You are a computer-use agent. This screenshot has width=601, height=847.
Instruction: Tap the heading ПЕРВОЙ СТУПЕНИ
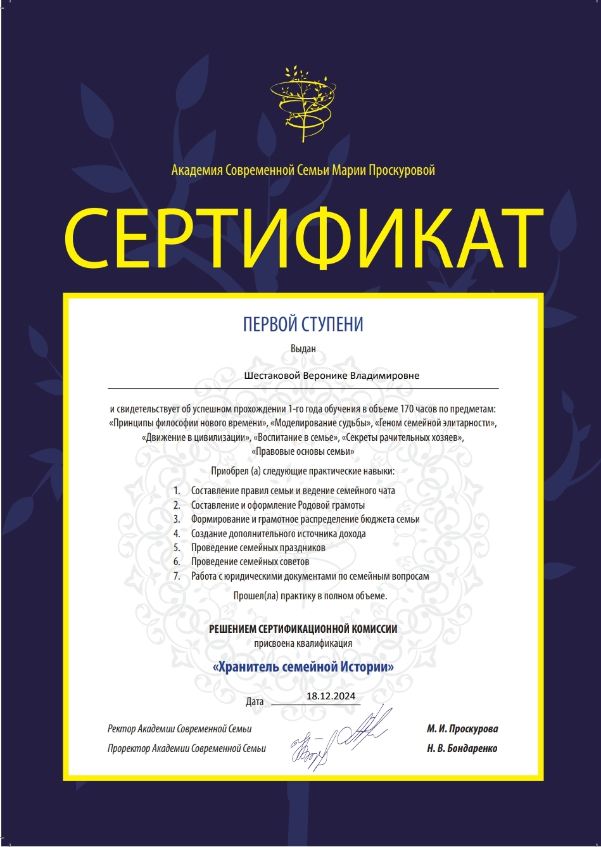coord(303,325)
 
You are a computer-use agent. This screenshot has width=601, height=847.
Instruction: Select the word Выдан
coord(303,348)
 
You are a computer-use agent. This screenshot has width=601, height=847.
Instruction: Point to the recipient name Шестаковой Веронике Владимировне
coord(332,376)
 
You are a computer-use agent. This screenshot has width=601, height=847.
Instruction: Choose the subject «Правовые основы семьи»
coord(302,452)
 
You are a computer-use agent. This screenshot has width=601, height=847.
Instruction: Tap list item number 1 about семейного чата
coord(293,491)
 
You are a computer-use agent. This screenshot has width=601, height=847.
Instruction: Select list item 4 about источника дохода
coord(278,534)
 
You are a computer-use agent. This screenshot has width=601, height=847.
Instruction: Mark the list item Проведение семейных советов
coord(250,562)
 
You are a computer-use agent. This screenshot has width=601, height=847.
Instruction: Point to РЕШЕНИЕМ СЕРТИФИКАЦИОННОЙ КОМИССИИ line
coord(303,629)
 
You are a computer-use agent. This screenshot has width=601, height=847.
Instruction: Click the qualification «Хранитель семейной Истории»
coord(303,667)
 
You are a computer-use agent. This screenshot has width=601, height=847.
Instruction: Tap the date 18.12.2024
coord(330,696)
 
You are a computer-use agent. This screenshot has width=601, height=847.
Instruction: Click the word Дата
coord(255,701)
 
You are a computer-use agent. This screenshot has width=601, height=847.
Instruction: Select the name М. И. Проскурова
coord(462,729)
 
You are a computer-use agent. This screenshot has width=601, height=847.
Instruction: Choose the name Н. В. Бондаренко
coord(462,748)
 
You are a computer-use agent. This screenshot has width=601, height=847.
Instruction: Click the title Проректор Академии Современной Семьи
coord(187,749)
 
